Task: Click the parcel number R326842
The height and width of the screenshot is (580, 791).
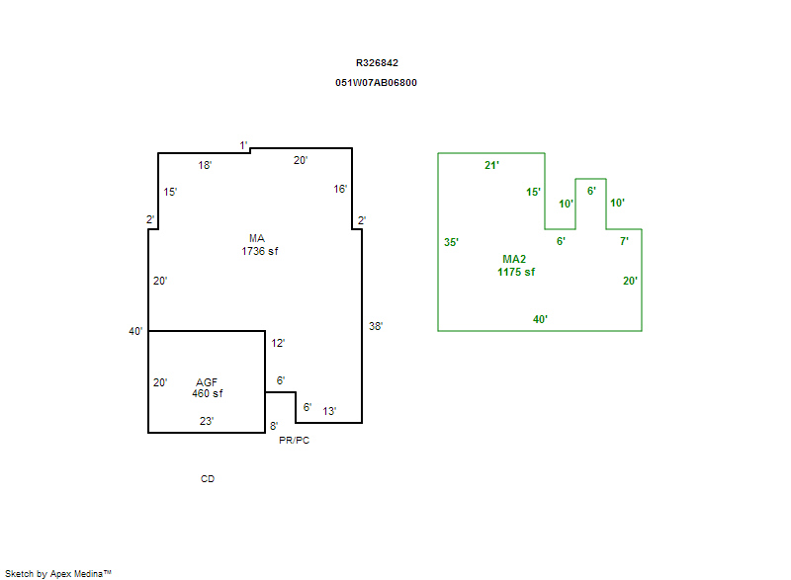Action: tap(377, 63)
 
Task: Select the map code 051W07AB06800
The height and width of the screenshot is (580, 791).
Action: tap(376, 83)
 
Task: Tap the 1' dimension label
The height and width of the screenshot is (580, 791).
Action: tap(243, 145)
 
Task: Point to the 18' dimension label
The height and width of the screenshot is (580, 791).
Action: tap(205, 165)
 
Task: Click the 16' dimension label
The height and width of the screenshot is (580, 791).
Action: tap(340, 189)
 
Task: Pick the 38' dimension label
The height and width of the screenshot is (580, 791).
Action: tap(376, 326)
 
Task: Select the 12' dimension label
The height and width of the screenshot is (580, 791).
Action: tap(278, 343)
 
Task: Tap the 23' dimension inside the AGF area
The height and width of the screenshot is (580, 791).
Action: tap(207, 421)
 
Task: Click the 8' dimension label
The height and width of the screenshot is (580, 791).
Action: tap(274, 426)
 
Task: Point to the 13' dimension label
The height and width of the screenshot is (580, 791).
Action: tap(329, 411)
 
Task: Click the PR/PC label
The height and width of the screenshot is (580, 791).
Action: tap(294, 441)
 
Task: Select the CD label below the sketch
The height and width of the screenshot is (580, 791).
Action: tap(208, 478)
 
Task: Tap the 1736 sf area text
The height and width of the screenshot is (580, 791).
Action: tap(260, 251)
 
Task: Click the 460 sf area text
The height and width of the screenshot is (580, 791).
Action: tap(208, 393)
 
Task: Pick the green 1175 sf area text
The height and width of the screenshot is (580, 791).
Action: tap(516, 272)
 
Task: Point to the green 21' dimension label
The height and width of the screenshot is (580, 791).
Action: tap(491, 165)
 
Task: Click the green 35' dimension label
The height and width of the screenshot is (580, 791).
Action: tap(451, 242)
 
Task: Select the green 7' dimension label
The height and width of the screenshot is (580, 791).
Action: tap(624, 241)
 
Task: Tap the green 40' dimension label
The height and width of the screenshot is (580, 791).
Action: tap(540, 319)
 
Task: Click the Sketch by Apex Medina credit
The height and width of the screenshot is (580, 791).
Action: tap(58, 573)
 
